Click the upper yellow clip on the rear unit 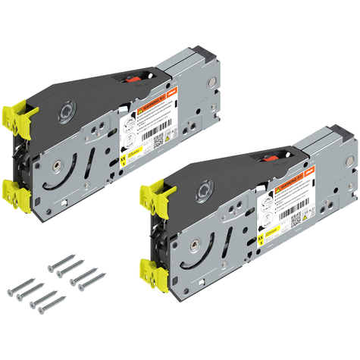[23, 113]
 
